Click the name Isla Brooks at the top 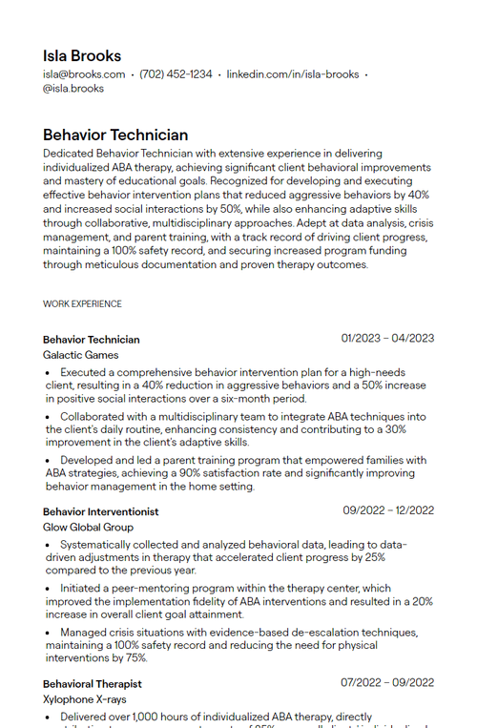(82, 55)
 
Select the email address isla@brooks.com (84, 74)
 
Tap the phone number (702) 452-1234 (176, 74)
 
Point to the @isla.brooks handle (73, 89)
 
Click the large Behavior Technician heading (115, 135)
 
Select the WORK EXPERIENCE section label (82, 304)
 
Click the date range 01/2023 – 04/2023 (387, 338)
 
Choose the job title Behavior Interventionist (100, 512)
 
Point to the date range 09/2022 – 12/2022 (388, 510)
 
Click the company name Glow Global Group (88, 527)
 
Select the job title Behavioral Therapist (93, 684)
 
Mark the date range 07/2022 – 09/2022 (387, 682)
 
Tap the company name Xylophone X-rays (84, 699)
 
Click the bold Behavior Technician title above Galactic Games (91, 340)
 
